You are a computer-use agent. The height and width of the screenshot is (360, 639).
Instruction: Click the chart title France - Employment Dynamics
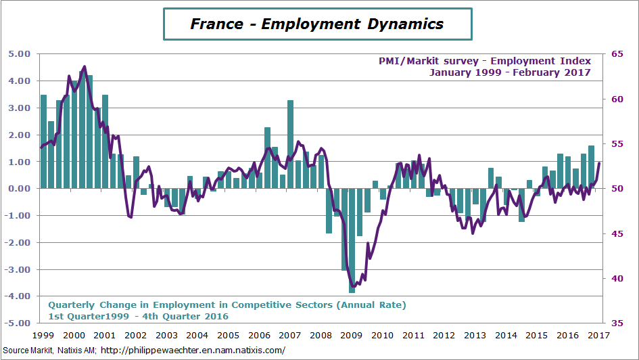[x=317, y=24]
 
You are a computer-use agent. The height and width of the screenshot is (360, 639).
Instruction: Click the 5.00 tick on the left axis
[x=18, y=53]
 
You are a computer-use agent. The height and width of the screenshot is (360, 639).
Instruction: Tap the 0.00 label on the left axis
[x=18, y=189]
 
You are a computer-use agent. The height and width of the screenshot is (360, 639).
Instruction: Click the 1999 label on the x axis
[x=43, y=335]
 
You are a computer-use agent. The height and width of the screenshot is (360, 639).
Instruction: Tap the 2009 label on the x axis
[x=350, y=335]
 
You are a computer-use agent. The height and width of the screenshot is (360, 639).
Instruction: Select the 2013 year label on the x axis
[x=474, y=335]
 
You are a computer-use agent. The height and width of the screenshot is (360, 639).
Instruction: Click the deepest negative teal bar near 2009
[x=352, y=240]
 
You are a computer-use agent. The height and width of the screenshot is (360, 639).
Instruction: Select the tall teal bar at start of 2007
[x=290, y=144]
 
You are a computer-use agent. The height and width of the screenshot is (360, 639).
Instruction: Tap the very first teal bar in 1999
[x=43, y=141]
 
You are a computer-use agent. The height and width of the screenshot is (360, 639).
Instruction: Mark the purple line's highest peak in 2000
[x=85, y=66]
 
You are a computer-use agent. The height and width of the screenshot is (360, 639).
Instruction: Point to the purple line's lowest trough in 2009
[x=352, y=286]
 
